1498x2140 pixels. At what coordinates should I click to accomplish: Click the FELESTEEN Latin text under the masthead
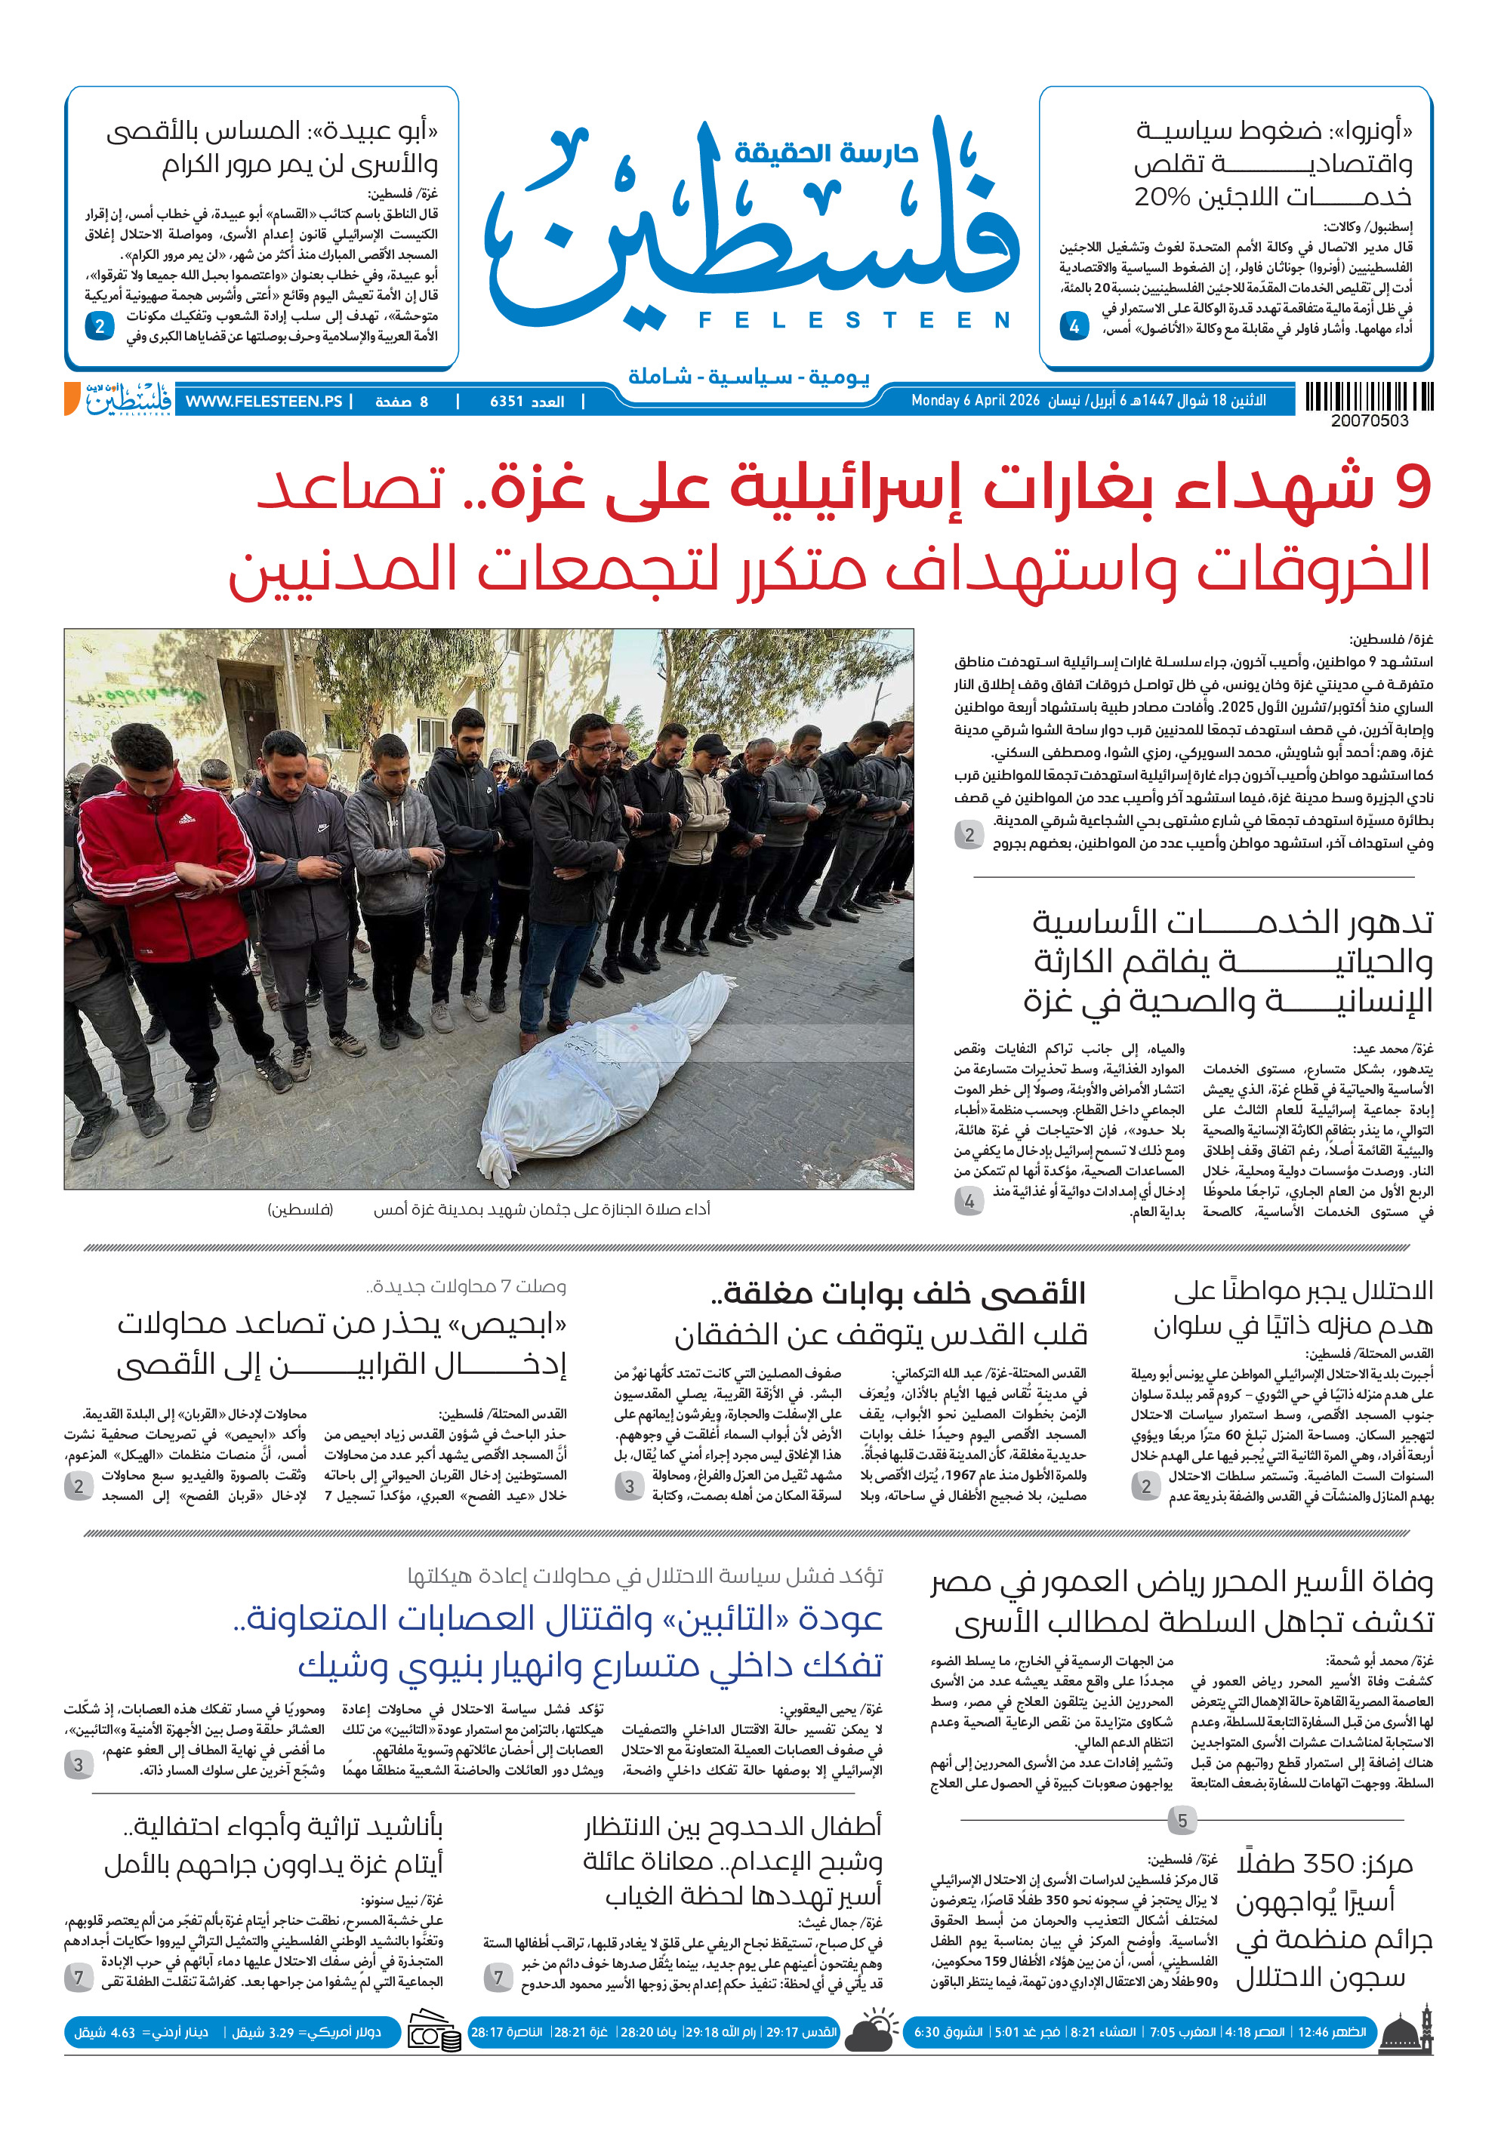click(x=854, y=321)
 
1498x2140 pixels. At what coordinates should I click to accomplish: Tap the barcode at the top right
click(x=1368, y=397)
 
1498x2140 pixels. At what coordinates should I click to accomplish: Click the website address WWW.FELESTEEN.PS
click(x=264, y=402)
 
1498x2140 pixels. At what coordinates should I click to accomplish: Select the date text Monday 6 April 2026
click(x=975, y=401)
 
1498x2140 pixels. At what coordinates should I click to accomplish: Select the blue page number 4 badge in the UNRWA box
click(x=1074, y=326)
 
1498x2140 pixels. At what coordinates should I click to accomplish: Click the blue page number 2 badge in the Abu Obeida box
click(x=99, y=326)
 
